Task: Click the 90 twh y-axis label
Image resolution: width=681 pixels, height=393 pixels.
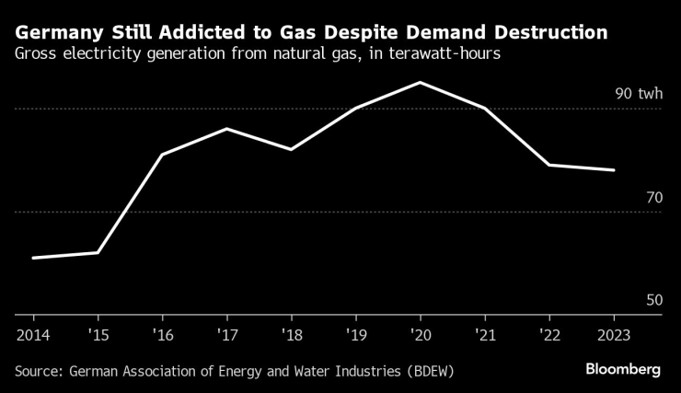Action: point(638,95)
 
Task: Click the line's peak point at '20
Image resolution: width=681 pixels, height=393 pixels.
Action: point(420,83)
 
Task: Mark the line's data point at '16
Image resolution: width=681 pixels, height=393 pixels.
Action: point(162,155)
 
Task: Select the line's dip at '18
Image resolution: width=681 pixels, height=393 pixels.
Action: point(291,149)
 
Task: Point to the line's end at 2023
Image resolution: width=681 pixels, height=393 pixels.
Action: point(613,170)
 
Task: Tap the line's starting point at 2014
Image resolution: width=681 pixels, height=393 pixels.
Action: point(33,258)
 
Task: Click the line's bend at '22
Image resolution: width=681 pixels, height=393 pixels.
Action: point(548,165)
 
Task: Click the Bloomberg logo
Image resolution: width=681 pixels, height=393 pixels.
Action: point(623,369)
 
